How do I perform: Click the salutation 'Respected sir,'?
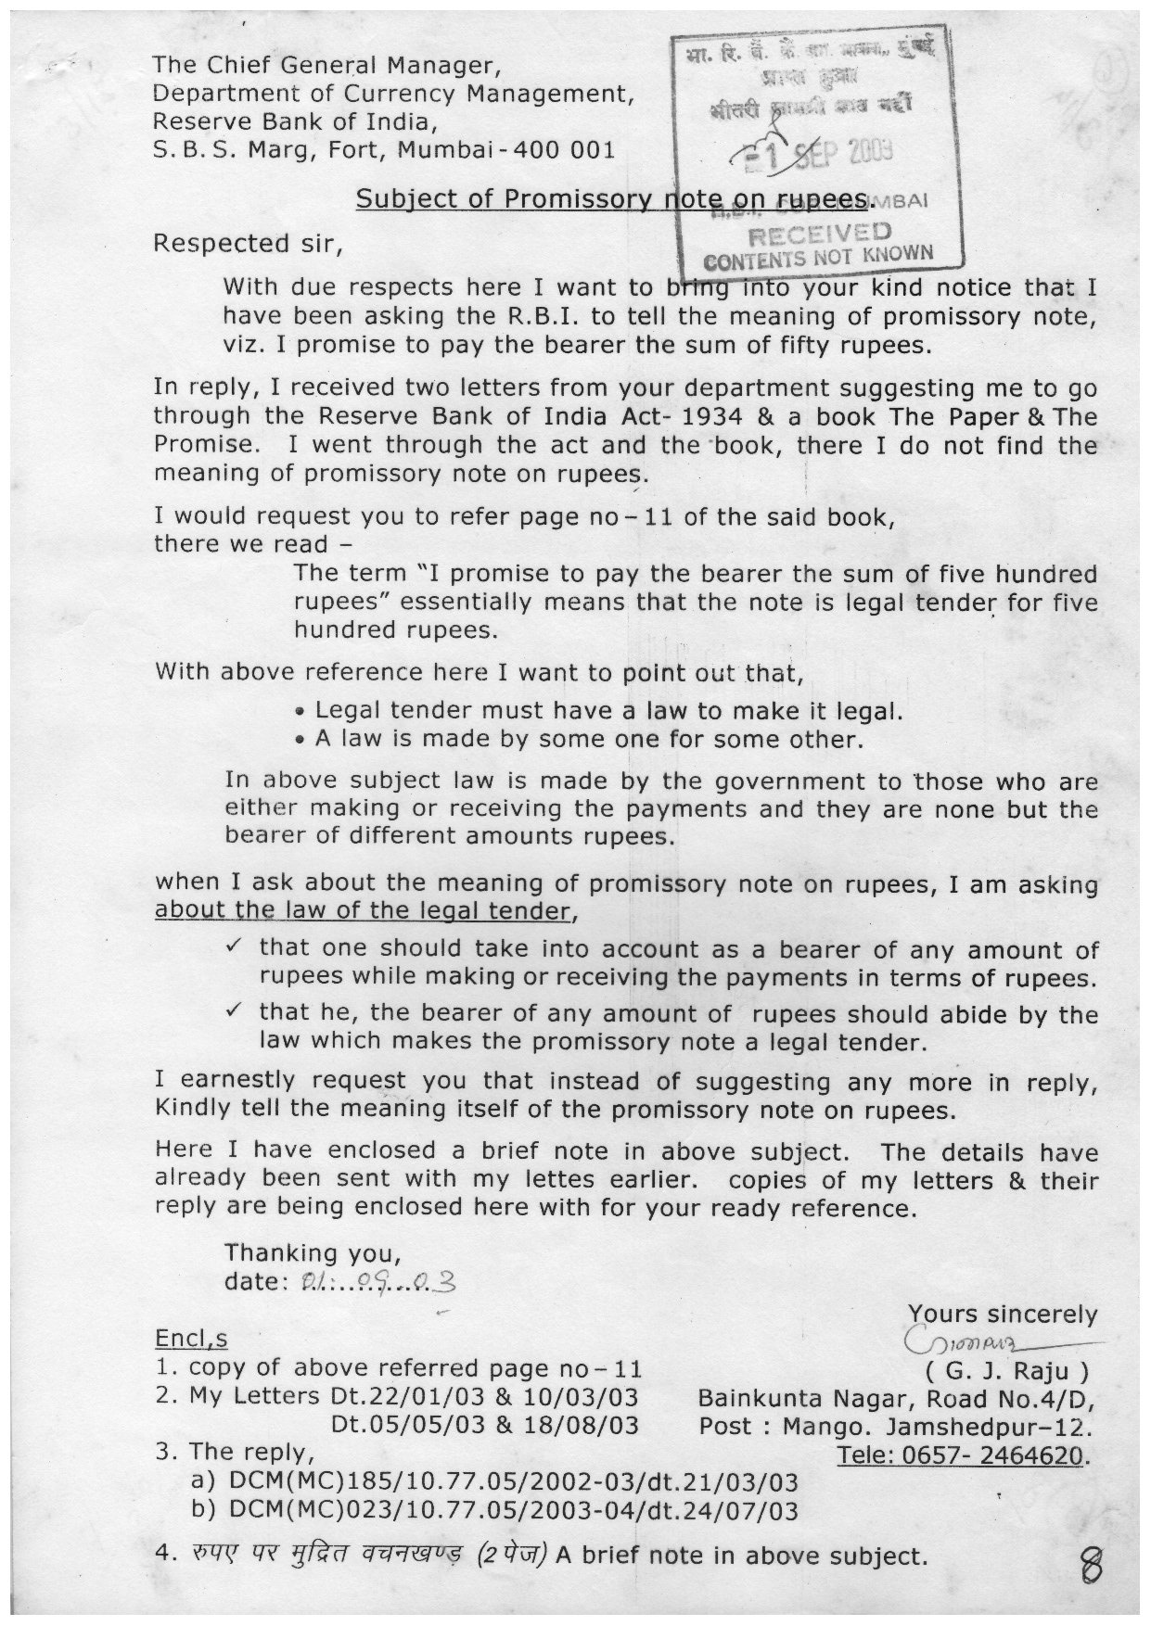[248, 244]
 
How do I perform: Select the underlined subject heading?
[616, 199]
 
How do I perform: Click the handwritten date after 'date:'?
[376, 1283]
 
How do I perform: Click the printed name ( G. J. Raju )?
[1002, 1370]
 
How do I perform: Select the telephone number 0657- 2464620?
[961, 1455]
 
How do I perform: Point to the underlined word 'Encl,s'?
[190, 1340]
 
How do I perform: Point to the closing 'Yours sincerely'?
[1002, 1315]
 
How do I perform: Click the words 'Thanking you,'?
[313, 1254]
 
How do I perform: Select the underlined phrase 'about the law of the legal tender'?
[362, 910]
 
